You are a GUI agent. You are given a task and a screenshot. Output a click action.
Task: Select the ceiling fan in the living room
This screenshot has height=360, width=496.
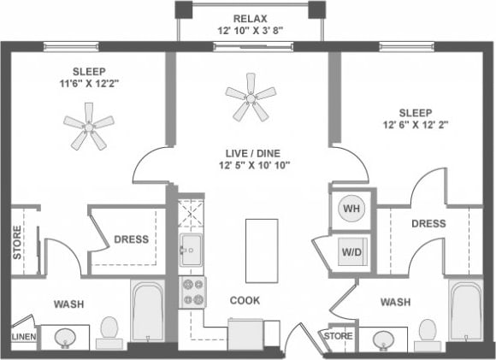[x=251, y=96]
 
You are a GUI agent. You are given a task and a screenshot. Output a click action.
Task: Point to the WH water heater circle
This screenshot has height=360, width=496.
[x=351, y=209]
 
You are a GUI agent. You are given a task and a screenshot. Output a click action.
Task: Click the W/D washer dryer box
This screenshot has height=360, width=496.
[x=351, y=251]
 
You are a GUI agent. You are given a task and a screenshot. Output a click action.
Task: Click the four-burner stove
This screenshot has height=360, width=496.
[x=192, y=292]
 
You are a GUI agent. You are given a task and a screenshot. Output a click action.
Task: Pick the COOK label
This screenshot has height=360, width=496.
[x=245, y=300]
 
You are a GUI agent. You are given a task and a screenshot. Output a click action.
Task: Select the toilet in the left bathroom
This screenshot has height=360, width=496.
[x=109, y=332]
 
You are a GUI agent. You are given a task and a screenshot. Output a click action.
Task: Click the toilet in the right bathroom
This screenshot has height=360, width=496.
[x=426, y=334]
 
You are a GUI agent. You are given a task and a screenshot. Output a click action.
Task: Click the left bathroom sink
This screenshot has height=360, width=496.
[x=64, y=339]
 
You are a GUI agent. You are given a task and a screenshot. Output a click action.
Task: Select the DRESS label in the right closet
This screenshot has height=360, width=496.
[x=428, y=223]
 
